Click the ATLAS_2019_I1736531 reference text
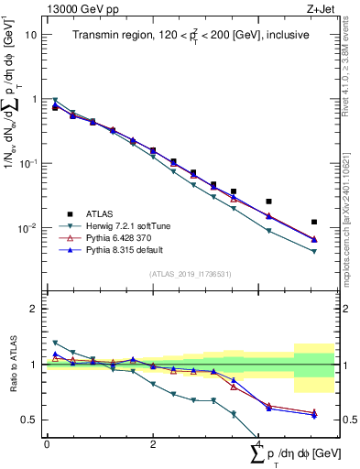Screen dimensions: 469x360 point(191,274)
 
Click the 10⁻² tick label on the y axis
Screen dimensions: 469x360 point(27,228)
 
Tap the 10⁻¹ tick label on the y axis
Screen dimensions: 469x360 point(27,164)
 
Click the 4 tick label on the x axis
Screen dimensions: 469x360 point(258,444)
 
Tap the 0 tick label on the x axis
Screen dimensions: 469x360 point(47,444)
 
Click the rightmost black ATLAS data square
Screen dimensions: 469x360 point(314,222)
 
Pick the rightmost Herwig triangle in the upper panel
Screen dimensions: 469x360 point(314,252)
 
